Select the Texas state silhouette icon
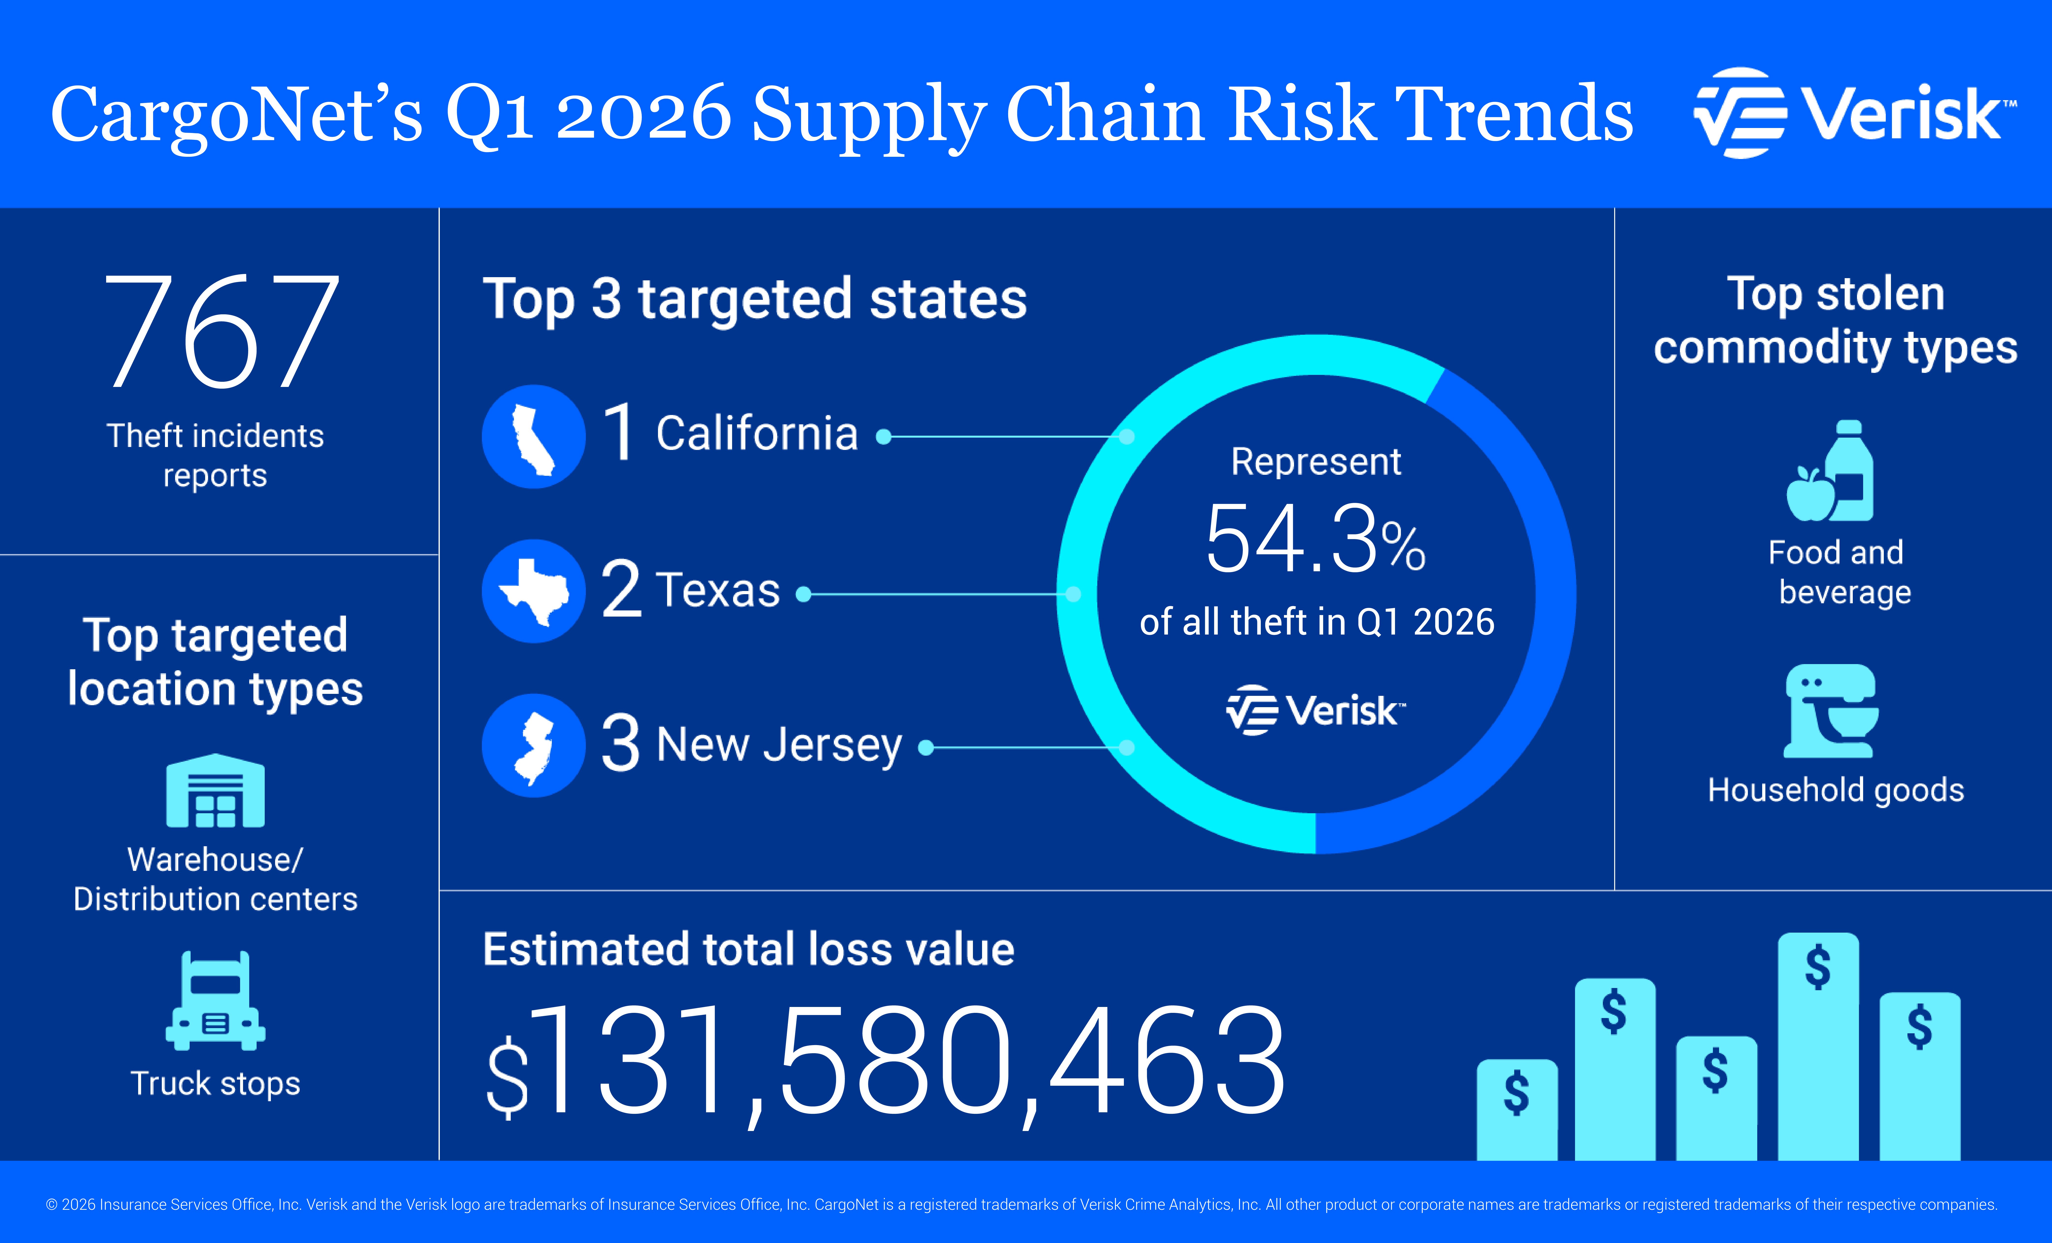click(x=534, y=591)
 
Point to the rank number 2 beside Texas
click(x=621, y=590)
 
